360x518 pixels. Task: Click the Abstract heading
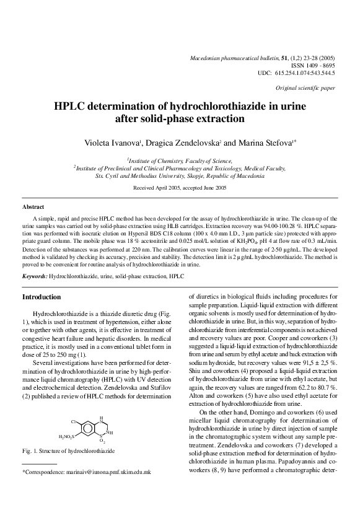[33, 206]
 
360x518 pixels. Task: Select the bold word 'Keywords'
[34, 274]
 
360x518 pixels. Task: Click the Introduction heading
[42, 297]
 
